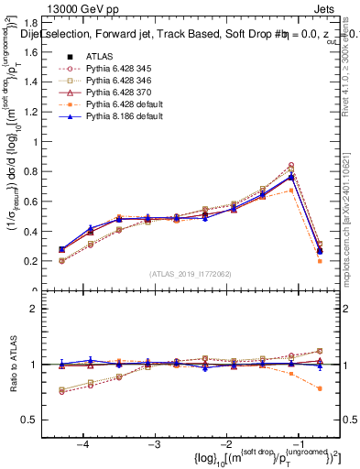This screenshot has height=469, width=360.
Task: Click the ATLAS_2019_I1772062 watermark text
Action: click(x=190, y=274)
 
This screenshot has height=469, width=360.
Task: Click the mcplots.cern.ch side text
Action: click(x=352, y=229)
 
